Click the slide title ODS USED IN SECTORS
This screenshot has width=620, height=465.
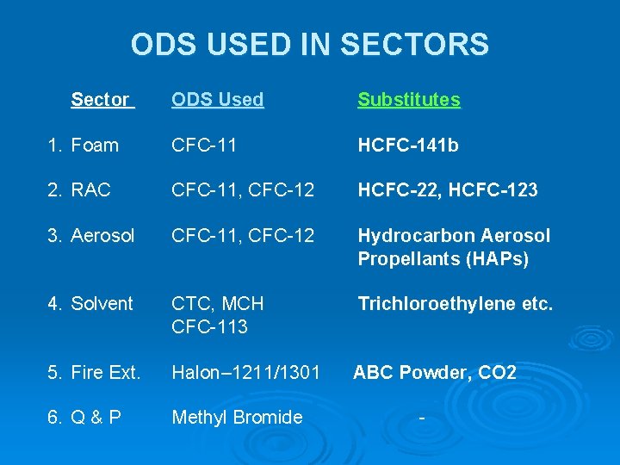pyautogui.click(x=310, y=44)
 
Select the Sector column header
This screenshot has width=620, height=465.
pyautogui.click(x=102, y=100)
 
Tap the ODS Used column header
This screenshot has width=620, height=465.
pyautogui.click(x=217, y=100)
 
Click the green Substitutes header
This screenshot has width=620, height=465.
pyautogui.click(x=409, y=100)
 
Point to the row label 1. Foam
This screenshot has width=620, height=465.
pyautogui.click(x=84, y=146)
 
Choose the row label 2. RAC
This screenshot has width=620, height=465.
pyautogui.click(x=79, y=190)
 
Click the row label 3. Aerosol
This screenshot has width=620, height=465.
pyautogui.click(x=91, y=236)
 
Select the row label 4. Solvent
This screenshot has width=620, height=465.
pyautogui.click(x=90, y=304)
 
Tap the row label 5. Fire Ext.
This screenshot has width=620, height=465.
pyautogui.click(x=94, y=373)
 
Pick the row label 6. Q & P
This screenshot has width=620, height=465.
pyautogui.click(x=84, y=418)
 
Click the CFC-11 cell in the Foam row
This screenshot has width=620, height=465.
pyautogui.click(x=205, y=146)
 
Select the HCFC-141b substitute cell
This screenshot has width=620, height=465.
pyautogui.click(x=408, y=146)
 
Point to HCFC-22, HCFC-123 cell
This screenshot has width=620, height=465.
pyautogui.click(x=448, y=190)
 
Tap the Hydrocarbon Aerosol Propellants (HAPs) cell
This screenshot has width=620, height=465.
pyautogui.click(x=454, y=247)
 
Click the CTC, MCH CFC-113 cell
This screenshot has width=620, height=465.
pyautogui.click(x=218, y=315)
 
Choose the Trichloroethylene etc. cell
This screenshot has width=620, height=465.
pyautogui.click(x=456, y=304)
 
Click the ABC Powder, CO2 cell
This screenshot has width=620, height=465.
pyautogui.click(x=435, y=373)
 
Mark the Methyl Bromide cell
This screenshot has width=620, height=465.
pyautogui.click(x=237, y=418)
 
